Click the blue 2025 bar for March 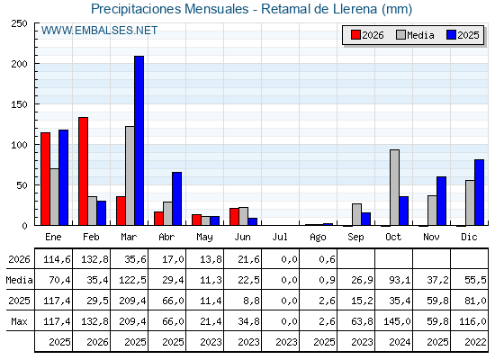pos(139,140)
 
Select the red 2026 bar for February pos(83,171)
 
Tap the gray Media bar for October pos(395,187)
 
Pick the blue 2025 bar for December pos(479,193)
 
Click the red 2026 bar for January pos(45,179)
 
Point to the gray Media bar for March pos(130,175)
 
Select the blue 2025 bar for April pos(176,198)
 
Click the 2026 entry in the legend pos(367,35)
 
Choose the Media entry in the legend pos(415,35)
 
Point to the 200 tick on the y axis pos(20,64)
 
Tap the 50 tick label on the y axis pos(22,185)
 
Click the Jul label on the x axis pos(280,237)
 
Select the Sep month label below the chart pos(355,238)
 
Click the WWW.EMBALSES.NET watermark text pos(99,31)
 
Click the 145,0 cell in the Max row pos(397,321)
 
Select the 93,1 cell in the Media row pos(400,280)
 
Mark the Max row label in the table pos(19,321)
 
